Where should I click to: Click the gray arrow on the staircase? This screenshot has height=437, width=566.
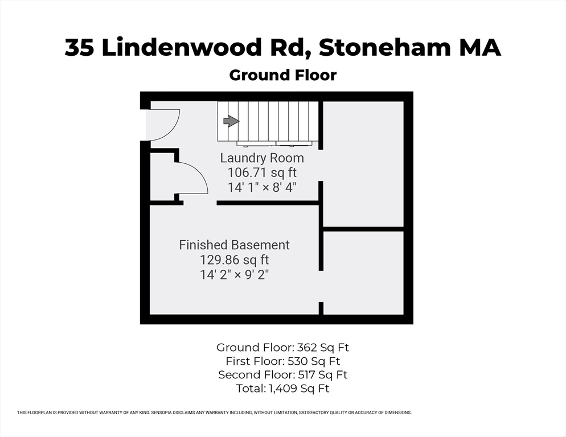[x=231, y=121]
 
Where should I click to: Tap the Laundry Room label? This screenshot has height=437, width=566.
[x=262, y=158]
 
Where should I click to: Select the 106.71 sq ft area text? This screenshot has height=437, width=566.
[x=262, y=172]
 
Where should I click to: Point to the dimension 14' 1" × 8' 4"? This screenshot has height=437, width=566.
[x=262, y=186]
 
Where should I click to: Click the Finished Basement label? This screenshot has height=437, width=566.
[x=234, y=245]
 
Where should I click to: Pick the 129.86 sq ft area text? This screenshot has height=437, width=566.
[x=234, y=259]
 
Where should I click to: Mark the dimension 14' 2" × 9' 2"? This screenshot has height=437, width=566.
[x=234, y=274]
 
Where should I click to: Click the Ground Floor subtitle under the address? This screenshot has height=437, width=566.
[x=282, y=75]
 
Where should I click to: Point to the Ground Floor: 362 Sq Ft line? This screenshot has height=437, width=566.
[x=286, y=347]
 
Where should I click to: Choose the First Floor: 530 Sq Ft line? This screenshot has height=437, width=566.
[x=283, y=361]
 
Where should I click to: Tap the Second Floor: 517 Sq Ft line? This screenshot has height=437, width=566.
[x=283, y=375]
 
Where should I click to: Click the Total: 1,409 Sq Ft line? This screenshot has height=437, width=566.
[x=283, y=389]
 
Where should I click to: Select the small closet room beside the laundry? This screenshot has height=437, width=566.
[x=163, y=182]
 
